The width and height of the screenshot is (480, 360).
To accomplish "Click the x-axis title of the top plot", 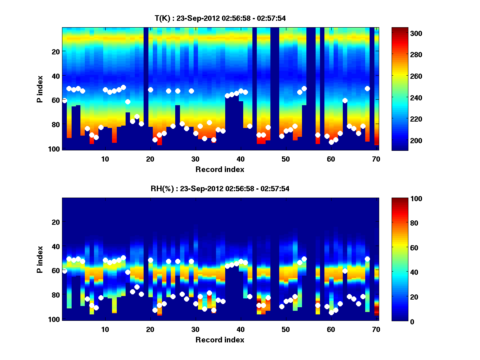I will (220, 170).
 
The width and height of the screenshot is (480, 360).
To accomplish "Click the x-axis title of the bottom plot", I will (220, 340).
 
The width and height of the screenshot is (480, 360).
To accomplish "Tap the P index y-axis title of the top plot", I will (40, 89).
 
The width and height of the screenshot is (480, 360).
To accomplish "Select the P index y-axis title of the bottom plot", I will (40, 260).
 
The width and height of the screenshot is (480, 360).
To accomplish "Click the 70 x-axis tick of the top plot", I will (376, 158).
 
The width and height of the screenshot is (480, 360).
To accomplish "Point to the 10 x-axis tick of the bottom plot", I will (105, 329).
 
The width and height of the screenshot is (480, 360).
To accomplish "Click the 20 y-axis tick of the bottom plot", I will (56, 222).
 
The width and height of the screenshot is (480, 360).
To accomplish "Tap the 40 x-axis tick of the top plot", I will (240, 158).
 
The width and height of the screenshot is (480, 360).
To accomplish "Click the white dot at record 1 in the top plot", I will (64, 100).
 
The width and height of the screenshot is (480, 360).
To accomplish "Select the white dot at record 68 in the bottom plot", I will (367, 259).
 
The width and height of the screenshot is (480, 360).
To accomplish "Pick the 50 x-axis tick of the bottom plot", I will (286, 329).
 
